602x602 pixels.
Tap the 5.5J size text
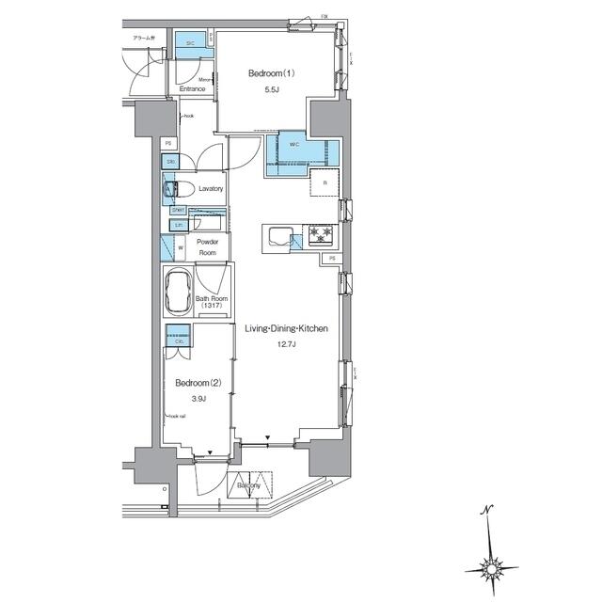271,90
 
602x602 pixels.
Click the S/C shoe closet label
189,43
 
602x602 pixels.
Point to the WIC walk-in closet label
293,145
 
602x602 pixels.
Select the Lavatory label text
211,189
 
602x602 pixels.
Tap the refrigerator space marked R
325,182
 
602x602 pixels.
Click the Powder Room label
207,247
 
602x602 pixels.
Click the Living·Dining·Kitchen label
286,328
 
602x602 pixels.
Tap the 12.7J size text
286,345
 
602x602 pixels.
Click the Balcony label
249,485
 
